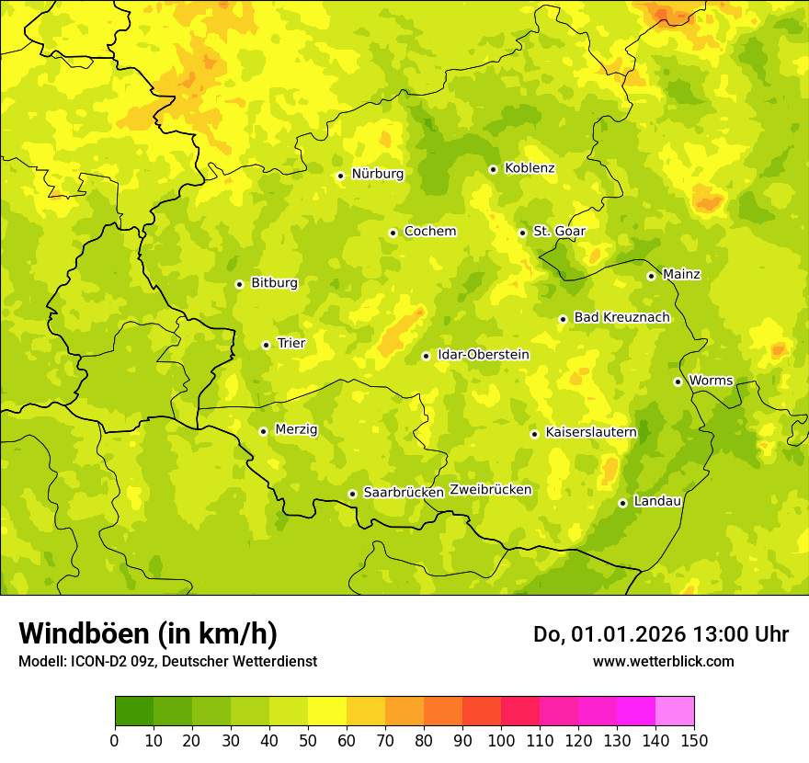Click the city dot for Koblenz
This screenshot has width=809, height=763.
493,169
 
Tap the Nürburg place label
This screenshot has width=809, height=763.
377,174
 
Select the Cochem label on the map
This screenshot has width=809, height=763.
429,232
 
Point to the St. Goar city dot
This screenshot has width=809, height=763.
522,233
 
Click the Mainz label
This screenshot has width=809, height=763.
681,275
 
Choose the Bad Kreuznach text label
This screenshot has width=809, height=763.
621,318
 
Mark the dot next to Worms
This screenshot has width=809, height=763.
678,381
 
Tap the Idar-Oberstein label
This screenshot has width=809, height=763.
484,355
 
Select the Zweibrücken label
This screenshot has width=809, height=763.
490,490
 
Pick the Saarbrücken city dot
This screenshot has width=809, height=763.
352,494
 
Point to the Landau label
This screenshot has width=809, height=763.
657,502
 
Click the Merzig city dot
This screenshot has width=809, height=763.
263,431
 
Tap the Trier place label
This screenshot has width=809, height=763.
291,344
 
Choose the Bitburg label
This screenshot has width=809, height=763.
274,283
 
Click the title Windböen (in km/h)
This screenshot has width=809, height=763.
148,633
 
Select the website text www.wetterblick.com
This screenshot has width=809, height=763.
663,661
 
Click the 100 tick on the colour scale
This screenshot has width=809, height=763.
500,739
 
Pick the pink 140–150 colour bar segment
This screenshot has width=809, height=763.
675,712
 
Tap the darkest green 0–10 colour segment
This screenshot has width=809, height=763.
134,712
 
